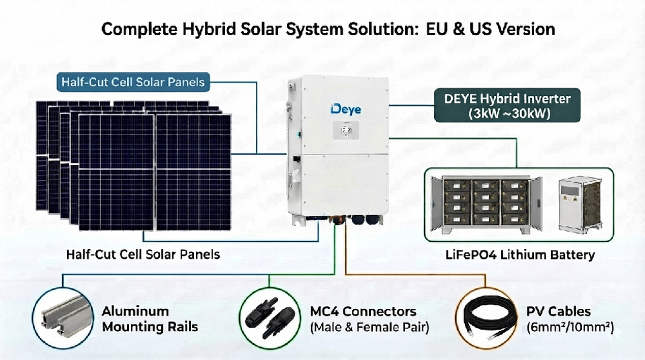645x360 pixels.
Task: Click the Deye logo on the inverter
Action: click(x=346, y=109)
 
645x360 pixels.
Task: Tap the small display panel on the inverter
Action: click(x=345, y=131)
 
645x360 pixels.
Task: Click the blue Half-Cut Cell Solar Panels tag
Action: click(x=133, y=82)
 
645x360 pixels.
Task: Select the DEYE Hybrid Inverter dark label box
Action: click(x=507, y=105)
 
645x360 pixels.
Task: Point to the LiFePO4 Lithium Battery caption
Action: click(x=520, y=255)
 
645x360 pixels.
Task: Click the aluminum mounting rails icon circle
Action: click(x=63, y=318)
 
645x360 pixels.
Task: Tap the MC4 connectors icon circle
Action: click(x=270, y=318)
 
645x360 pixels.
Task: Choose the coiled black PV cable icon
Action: click(x=486, y=318)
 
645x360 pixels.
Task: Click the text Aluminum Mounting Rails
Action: click(x=150, y=319)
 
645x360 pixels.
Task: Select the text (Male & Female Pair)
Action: click(x=370, y=327)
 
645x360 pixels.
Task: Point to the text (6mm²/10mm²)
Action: click(x=570, y=327)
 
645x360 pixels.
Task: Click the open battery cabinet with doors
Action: click(x=486, y=204)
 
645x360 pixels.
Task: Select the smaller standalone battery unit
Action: click(x=580, y=204)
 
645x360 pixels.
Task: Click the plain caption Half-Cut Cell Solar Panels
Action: click(x=143, y=255)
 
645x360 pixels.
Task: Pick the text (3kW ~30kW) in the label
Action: click(x=509, y=113)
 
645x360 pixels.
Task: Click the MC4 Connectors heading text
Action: click(x=363, y=312)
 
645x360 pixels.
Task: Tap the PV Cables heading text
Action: click(x=558, y=312)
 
